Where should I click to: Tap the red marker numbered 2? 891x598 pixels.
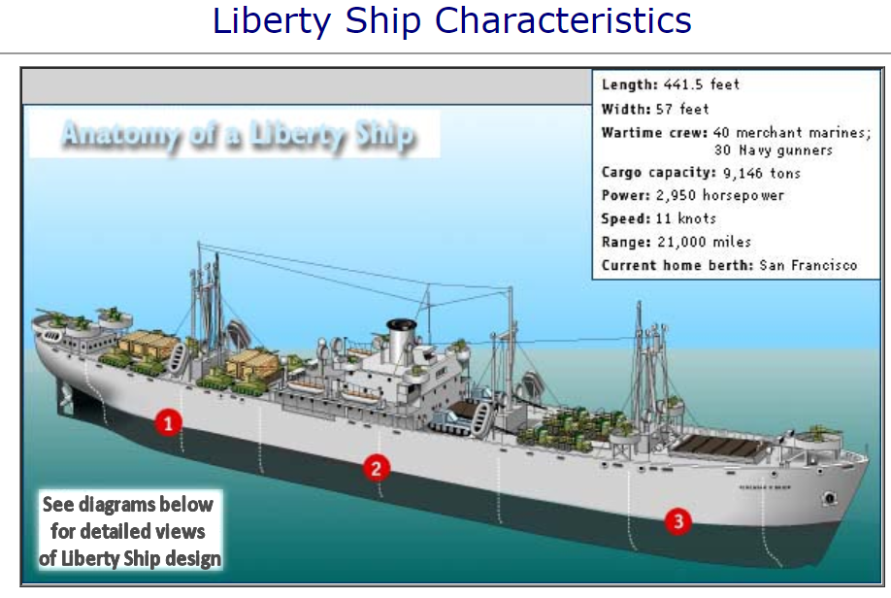coord(377,468)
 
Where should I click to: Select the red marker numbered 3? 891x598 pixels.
coord(678,521)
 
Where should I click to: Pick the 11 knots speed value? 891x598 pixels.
coord(698,218)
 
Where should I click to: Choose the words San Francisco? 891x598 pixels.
coord(808,265)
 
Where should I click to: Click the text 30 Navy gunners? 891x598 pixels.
coord(773,149)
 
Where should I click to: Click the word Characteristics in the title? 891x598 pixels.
coord(570,20)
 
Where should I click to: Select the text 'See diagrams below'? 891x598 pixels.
coord(127,505)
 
